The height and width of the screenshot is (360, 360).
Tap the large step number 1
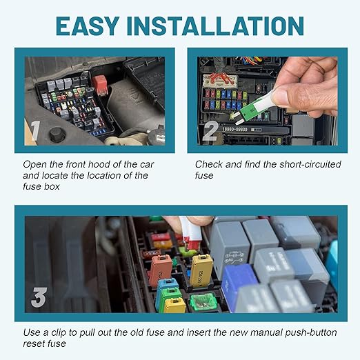pyautogui.click(x=35, y=130)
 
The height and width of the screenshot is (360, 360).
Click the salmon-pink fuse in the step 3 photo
pyautogui.click(x=160, y=269)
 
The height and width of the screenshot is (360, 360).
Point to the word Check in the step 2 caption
pyautogui.click(x=210, y=164)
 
